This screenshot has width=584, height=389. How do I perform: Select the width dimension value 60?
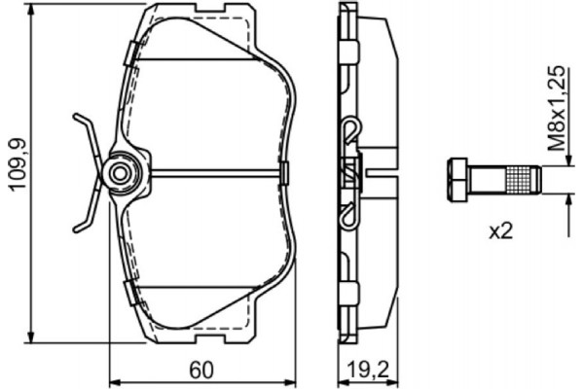(x=201, y=370)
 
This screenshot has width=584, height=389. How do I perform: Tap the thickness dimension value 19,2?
(x=366, y=370)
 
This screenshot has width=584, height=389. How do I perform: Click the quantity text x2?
(x=500, y=230)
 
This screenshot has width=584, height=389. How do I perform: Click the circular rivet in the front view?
(x=121, y=173)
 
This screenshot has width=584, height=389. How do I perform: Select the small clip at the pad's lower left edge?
(x=128, y=289)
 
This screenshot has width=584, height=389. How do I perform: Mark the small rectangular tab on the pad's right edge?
(x=285, y=173)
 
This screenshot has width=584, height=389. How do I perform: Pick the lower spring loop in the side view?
(x=348, y=217)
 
